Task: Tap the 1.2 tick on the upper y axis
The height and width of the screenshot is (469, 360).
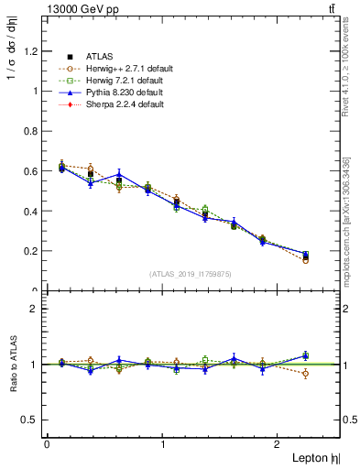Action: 33,51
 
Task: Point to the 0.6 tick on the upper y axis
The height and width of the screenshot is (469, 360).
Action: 33,171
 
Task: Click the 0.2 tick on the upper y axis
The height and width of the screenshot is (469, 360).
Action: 33,251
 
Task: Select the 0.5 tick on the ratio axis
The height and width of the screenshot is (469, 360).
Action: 33,420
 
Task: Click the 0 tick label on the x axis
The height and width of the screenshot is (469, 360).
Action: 47,444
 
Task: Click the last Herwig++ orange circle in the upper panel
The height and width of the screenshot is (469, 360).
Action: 305,260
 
